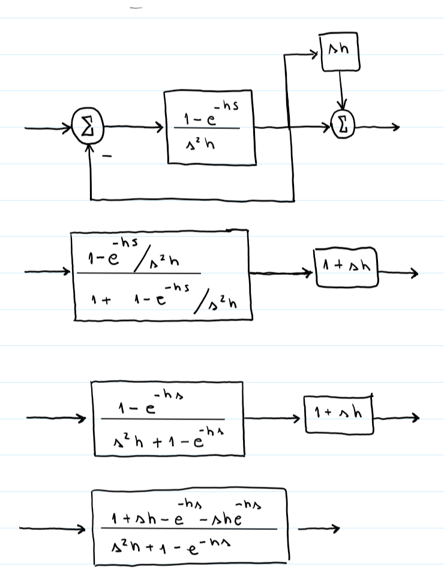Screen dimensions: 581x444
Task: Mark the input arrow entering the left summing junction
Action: [x=48, y=128]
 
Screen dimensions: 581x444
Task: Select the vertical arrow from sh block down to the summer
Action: [x=341, y=90]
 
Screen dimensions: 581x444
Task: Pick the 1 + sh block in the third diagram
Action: [x=339, y=414]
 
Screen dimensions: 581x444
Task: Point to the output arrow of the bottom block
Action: [x=318, y=529]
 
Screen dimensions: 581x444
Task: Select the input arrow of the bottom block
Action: [x=54, y=529]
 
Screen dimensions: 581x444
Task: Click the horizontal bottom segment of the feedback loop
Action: [x=192, y=199]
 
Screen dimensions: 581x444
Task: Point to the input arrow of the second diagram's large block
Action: [x=48, y=272]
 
